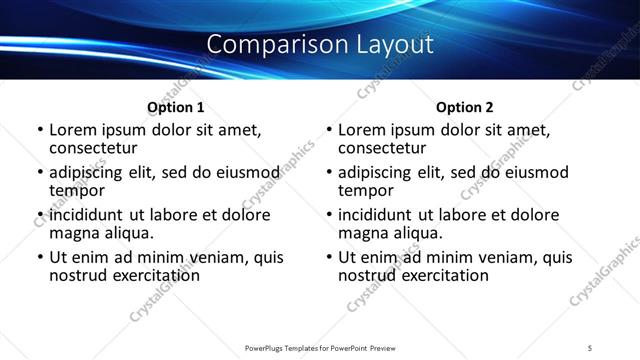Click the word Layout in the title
[x=391, y=45]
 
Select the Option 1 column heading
[x=176, y=107]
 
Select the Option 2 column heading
[x=465, y=107]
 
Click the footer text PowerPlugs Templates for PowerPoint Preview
[x=319, y=347]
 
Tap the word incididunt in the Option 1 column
[x=89, y=215]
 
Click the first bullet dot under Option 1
[x=39, y=130]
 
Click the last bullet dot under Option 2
[x=328, y=257]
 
